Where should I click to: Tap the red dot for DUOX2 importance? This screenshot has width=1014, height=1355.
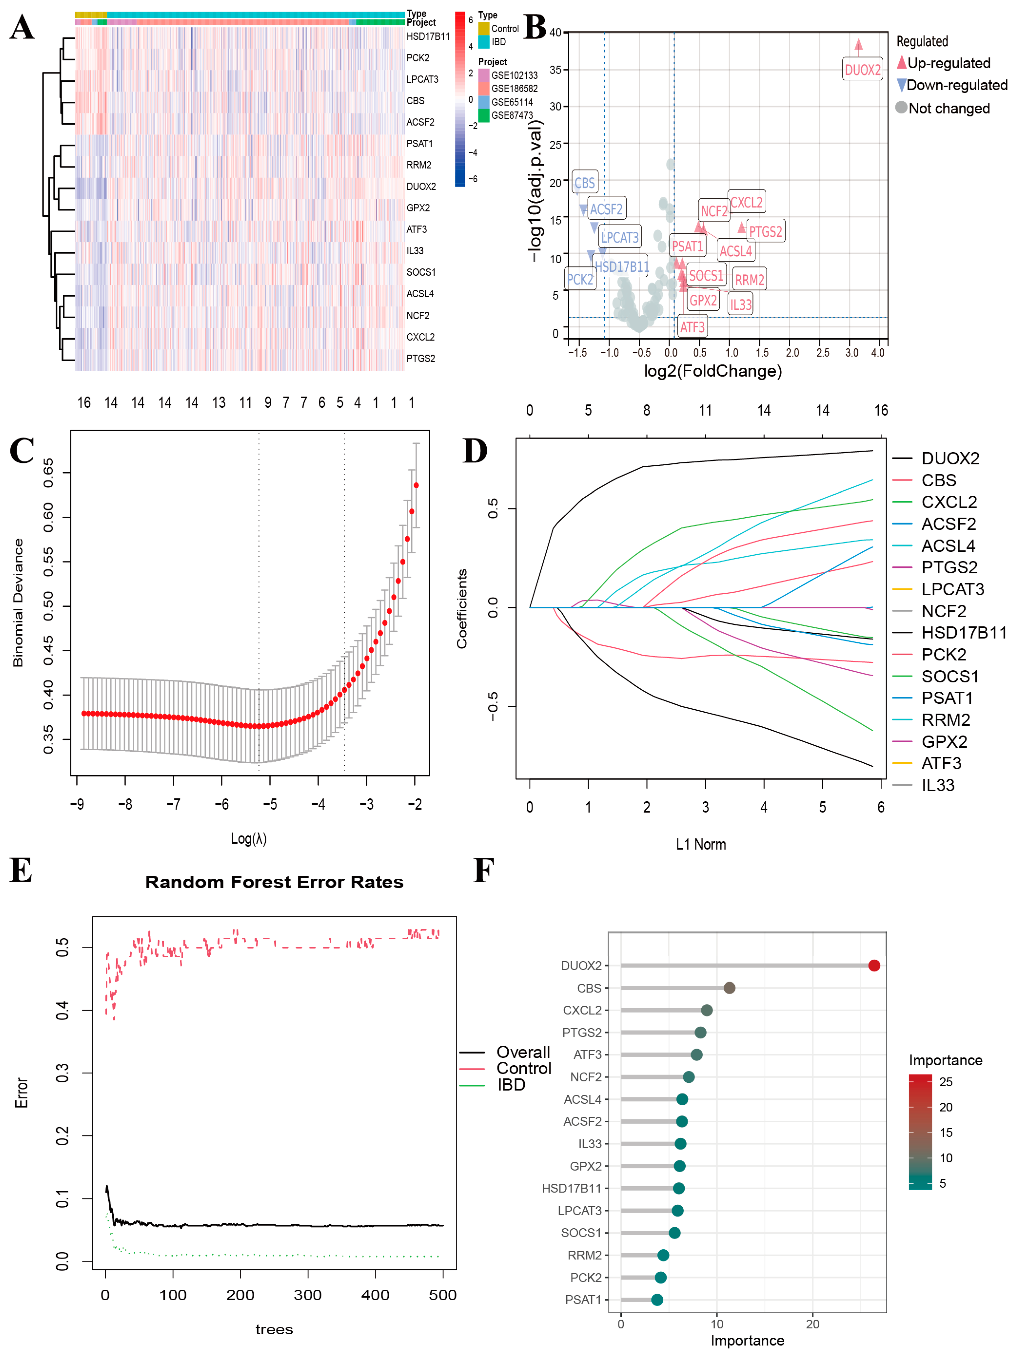tap(874, 965)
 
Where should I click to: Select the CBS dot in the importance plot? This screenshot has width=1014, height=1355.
tap(729, 987)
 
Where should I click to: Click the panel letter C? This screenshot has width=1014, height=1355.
tap(22, 452)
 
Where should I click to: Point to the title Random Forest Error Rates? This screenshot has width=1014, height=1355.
tap(274, 882)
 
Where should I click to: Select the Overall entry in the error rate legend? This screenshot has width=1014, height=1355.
tap(523, 1052)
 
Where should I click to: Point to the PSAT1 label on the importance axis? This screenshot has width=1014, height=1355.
tap(583, 1299)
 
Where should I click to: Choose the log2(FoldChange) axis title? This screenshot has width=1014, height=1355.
tap(713, 371)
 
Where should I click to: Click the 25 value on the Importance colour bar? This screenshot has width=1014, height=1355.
tap(945, 1082)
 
